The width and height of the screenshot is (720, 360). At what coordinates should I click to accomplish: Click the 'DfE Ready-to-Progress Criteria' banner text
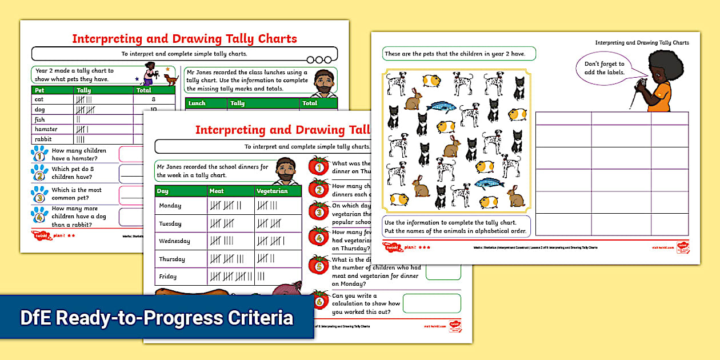(x=157, y=318)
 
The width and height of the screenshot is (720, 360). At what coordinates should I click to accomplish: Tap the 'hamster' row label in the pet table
(x=46, y=129)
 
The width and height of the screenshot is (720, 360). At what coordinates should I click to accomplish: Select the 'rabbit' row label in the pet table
(x=43, y=139)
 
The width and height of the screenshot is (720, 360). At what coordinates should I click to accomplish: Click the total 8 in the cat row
(x=153, y=99)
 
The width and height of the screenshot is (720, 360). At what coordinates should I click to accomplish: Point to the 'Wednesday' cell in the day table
(x=174, y=241)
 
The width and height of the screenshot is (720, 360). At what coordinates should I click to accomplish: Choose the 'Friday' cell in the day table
(x=167, y=277)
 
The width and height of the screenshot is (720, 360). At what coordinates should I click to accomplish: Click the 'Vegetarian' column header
(x=272, y=191)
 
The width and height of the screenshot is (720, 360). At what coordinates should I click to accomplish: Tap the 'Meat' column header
(x=217, y=191)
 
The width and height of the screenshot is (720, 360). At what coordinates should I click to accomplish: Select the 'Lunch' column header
(x=197, y=103)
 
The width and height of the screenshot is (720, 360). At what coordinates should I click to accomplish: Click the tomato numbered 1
(x=318, y=166)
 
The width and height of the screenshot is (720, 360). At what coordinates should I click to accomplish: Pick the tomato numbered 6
(x=318, y=300)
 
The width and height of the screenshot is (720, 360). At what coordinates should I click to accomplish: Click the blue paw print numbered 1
(x=39, y=155)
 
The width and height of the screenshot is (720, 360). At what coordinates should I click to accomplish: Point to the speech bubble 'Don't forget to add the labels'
(x=604, y=68)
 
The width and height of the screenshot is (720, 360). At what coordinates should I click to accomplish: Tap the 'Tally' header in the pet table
(x=84, y=90)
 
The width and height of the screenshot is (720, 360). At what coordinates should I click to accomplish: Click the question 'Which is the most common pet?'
(x=77, y=194)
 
